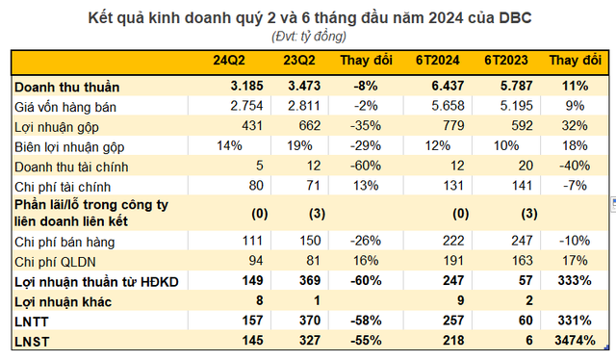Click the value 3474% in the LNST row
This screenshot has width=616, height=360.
(574, 340)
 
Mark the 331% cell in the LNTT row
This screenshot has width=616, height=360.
(579, 321)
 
